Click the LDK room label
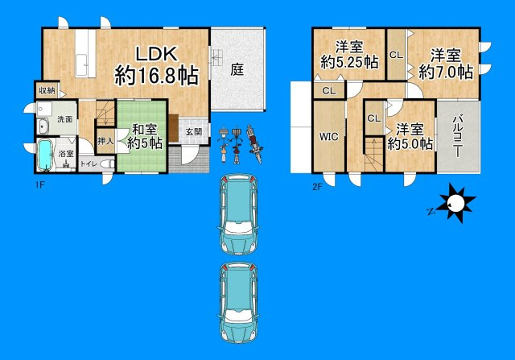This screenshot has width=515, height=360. click(156, 54)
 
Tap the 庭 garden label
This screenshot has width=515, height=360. click(237, 69)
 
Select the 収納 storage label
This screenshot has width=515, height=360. click(46, 90)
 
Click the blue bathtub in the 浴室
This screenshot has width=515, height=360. click(45, 155)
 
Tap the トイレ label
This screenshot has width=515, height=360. click(86, 163)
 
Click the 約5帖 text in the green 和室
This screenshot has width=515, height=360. click(145, 143)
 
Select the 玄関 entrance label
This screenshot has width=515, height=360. click(194, 131)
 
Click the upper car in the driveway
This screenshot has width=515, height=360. click(238, 211)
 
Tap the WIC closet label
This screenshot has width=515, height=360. click(328, 135)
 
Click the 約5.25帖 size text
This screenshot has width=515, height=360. click(349, 61)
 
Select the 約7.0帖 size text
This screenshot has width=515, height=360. click(444, 71)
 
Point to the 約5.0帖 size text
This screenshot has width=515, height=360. click(410, 143)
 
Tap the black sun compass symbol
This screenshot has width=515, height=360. click(455, 203)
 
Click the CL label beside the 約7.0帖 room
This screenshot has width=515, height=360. click(396, 55)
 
